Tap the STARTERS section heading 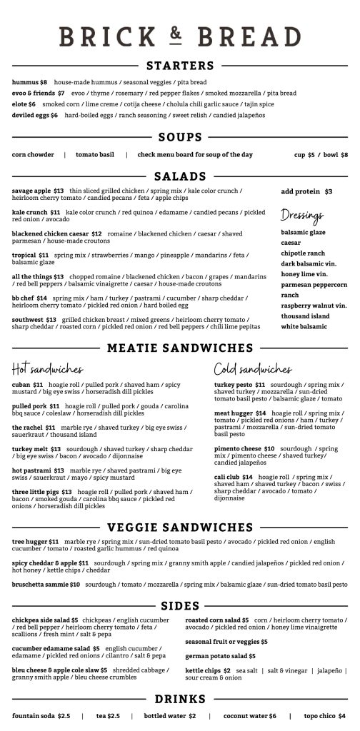pyautogui.click(x=179, y=66)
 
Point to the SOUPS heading pyautogui.click(x=180, y=138)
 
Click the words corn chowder pyautogui.click(x=33, y=155)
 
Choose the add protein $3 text pyautogui.click(x=306, y=192)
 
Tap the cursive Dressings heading pyautogui.click(x=302, y=215)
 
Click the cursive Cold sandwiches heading pyautogui.click(x=253, y=369)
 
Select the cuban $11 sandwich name pyautogui.click(x=27, y=385)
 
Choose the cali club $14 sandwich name pyautogui.click(x=234, y=477)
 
